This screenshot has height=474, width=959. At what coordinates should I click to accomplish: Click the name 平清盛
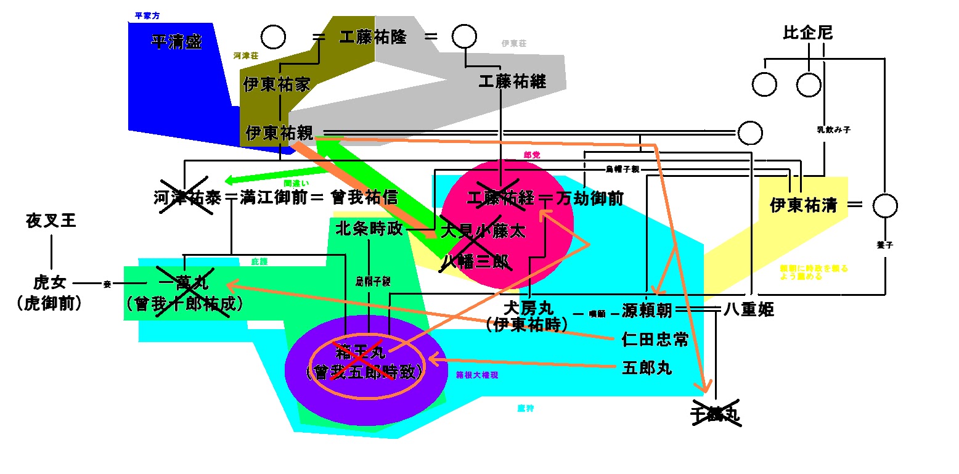click(177, 42)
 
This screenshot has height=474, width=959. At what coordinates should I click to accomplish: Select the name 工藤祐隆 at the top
click(373, 37)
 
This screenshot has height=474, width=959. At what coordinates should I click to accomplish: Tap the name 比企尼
click(807, 33)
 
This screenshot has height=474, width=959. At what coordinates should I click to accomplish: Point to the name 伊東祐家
click(277, 84)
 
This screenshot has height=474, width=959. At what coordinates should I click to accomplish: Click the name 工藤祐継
click(513, 81)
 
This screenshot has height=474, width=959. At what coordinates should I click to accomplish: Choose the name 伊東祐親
click(280, 133)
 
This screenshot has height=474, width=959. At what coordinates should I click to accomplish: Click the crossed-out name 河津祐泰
click(187, 198)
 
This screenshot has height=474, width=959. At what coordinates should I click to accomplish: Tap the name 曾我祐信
click(364, 198)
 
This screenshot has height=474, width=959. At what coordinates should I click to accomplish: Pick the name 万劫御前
click(590, 198)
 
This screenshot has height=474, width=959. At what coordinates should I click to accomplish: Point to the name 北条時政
click(369, 229)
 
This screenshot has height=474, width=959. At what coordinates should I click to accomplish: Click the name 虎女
click(49, 283)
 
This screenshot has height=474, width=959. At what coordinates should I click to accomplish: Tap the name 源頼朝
click(647, 310)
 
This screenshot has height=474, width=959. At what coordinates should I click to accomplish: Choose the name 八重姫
click(748, 310)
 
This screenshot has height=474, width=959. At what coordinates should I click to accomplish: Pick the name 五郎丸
click(647, 369)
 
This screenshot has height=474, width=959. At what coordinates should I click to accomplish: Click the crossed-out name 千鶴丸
click(715, 415)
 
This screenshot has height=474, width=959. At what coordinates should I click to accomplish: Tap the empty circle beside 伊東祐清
click(885, 205)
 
